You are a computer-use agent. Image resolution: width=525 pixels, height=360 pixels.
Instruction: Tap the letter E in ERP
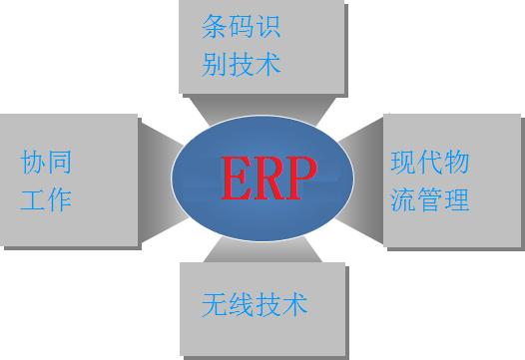[x=237, y=180]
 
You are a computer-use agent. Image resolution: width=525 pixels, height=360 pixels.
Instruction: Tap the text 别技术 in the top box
[x=242, y=66]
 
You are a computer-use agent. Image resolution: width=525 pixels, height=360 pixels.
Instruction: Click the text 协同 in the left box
[x=46, y=161]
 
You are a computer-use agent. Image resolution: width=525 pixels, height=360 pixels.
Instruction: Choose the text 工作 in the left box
[x=46, y=199]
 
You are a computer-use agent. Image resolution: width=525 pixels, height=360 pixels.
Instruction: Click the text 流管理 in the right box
[x=430, y=201]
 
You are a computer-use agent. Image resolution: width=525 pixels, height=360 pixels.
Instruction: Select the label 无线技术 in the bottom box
[x=255, y=304]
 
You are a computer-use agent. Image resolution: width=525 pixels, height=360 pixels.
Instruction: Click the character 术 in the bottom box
[x=295, y=304]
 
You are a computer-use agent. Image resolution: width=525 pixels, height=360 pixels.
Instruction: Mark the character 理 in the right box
[x=457, y=201]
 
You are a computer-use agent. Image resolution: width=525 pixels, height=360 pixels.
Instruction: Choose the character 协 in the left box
[x=33, y=161]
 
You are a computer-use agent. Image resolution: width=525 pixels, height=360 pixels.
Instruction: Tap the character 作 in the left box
[x=59, y=199]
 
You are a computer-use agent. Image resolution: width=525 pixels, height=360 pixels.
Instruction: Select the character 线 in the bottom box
[x=242, y=304]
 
